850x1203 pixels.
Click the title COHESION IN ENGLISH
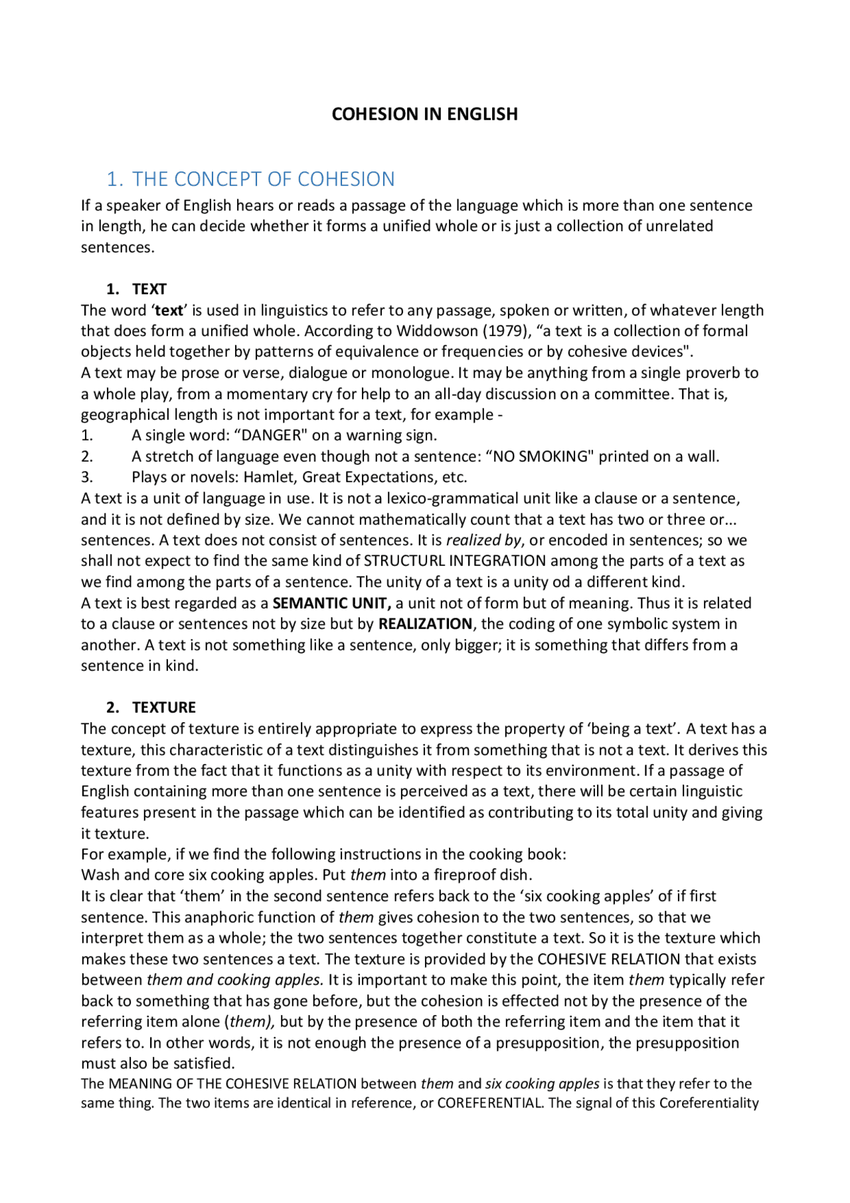tap(424, 114)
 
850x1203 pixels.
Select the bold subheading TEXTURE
tap(164, 707)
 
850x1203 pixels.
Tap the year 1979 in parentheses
tap(505, 331)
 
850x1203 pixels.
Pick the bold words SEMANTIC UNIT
tap(331, 604)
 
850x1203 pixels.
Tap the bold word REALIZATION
tap(425, 624)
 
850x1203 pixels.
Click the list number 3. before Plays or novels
tap(87, 478)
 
